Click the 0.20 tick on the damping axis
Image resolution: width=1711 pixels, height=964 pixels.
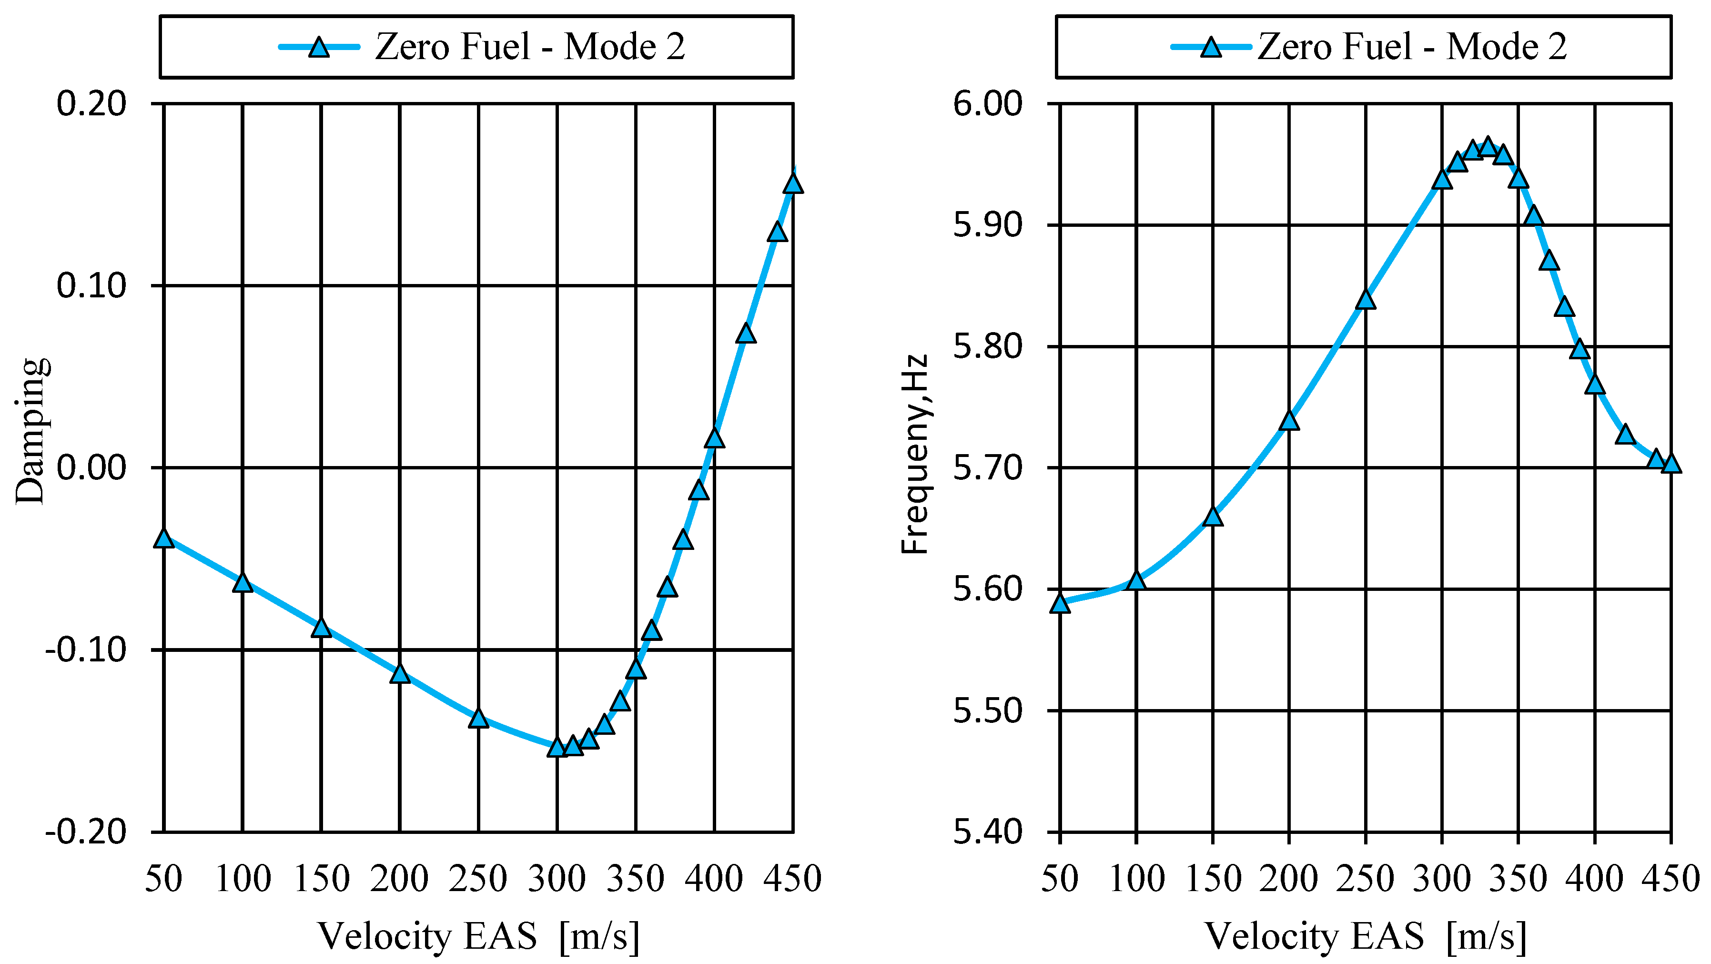91,104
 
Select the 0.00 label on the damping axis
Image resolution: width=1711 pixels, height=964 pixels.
91,468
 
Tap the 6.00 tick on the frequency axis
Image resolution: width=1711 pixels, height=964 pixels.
988,104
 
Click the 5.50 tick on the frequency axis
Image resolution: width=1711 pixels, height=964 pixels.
988,711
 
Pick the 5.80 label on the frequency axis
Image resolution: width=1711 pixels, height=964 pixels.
988,347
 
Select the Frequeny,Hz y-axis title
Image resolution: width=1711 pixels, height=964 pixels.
915,455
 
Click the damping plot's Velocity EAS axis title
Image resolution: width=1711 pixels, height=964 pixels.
478,937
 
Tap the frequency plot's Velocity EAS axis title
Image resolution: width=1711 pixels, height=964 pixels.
1365,937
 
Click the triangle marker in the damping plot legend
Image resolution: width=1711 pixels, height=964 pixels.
320,48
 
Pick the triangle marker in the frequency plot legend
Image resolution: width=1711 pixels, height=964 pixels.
1212,48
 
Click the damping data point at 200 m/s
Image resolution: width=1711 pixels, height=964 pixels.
400,674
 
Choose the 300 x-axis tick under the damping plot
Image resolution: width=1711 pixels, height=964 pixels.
557,880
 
